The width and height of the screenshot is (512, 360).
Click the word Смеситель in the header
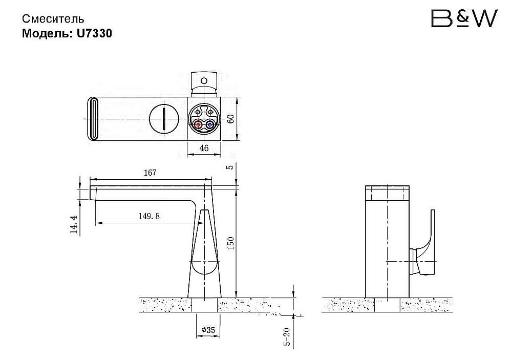click(53, 19)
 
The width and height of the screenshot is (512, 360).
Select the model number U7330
click(95, 33)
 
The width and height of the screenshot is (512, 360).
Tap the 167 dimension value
click(150, 173)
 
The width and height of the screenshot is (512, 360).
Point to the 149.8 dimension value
click(149, 216)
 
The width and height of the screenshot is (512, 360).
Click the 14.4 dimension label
click(74, 224)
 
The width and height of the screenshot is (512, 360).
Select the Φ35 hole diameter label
click(207, 330)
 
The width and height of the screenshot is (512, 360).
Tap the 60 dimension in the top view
click(231, 118)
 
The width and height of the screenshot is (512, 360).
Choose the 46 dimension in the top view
click(204, 149)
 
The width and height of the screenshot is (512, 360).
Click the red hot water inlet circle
click(198, 124)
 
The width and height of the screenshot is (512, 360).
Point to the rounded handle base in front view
click(205, 269)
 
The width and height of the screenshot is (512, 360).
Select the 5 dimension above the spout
click(231, 167)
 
